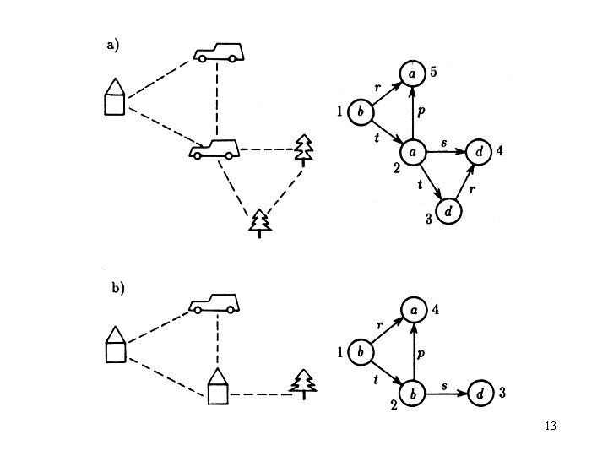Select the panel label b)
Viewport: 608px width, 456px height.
pyautogui.click(x=118, y=288)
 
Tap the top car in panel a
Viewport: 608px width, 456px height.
pyautogui.click(x=219, y=52)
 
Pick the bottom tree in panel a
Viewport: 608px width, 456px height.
pyautogui.click(x=260, y=222)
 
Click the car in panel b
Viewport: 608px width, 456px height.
pyautogui.click(x=214, y=302)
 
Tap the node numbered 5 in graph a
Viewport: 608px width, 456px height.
pyautogui.click(x=413, y=74)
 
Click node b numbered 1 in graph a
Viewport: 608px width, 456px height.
pyautogui.click(x=361, y=111)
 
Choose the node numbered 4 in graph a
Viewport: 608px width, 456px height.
pyautogui.click(x=479, y=152)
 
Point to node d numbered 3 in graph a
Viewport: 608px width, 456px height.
pyautogui.click(x=449, y=210)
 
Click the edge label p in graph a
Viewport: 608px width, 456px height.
pyautogui.click(x=421, y=111)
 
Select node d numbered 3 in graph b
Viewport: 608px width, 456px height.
pyautogui.click(x=480, y=393)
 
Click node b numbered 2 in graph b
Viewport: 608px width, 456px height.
pyautogui.click(x=413, y=393)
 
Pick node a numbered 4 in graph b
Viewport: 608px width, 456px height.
pyautogui.click(x=413, y=311)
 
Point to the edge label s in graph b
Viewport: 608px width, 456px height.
pyautogui.click(x=444, y=385)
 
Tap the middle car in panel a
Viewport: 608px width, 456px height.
pyautogui.click(x=214, y=149)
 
